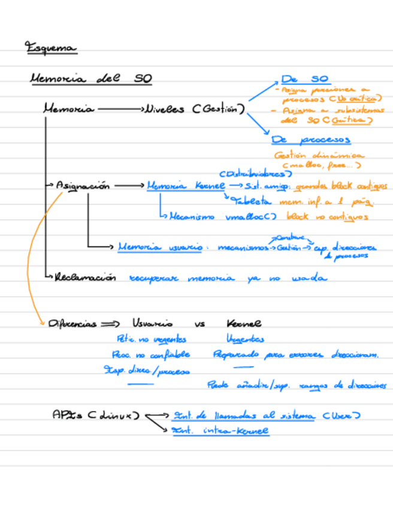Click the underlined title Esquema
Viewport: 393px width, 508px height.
point(52,48)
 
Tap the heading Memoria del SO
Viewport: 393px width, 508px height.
point(90,79)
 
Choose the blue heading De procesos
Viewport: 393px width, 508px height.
point(311,140)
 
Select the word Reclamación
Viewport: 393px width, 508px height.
point(84,278)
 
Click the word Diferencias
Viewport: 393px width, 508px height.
point(72,323)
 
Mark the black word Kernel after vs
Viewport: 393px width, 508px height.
point(244,323)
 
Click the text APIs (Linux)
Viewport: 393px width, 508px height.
point(95,415)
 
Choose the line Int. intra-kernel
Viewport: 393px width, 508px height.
point(220,431)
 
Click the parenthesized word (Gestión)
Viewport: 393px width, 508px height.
point(219,110)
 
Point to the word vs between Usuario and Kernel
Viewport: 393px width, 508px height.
point(200,324)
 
